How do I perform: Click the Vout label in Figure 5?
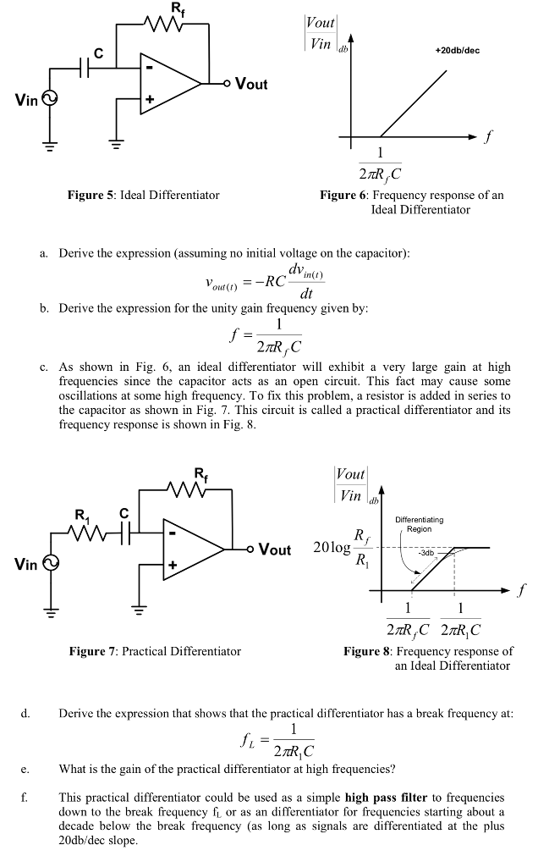click(x=251, y=84)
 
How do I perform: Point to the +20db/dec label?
click(x=457, y=51)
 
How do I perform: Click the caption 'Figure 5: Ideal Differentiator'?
click(x=143, y=196)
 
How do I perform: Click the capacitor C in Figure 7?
click(x=124, y=533)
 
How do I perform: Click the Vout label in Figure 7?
click(x=274, y=549)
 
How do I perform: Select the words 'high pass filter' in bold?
click(x=393, y=798)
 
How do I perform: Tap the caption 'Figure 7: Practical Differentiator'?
click(x=155, y=651)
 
